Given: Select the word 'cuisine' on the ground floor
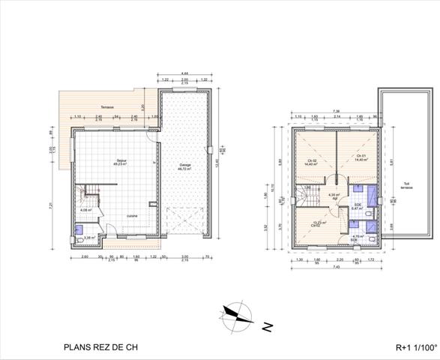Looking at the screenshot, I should [131, 215].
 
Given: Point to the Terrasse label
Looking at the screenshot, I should [98, 106].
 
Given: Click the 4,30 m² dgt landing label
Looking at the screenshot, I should [335, 196].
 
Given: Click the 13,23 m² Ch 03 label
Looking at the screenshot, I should [318, 223].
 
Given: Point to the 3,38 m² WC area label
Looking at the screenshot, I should [89, 238].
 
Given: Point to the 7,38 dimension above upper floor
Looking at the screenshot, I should [337, 112].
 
